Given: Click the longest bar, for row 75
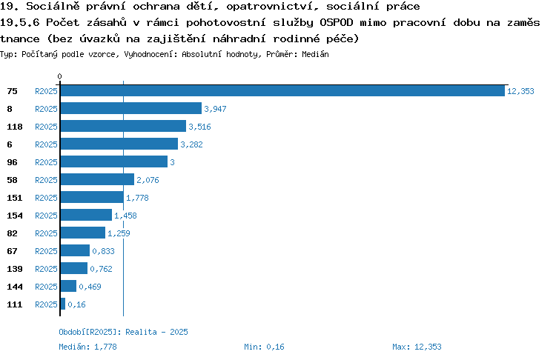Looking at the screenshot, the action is tap(282, 90).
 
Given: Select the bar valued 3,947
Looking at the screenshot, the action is tap(131, 108).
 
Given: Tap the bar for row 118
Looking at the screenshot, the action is tap(123, 126).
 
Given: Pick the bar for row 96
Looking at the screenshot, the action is tap(114, 161).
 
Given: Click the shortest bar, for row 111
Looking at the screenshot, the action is tap(63, 304).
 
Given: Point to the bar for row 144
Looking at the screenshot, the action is tap(68, 286).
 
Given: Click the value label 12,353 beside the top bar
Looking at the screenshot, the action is tap(520, 91).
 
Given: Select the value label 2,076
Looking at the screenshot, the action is tap(148, 180).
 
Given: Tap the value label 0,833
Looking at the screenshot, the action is tap(104, 251).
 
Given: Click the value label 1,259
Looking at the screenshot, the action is tap(119, 233).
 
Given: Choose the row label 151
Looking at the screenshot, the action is tap(15, 198).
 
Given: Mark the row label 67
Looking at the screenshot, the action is tap(12, 251).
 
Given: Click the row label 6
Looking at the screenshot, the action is tap(10, 144).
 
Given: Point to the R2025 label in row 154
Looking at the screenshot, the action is tap(46, 216).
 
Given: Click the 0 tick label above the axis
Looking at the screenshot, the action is tap(59, 76).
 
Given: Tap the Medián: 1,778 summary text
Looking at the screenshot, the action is tap(87, 347).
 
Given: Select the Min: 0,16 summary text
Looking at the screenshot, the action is tap(264, 347).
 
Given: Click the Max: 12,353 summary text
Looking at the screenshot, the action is tap(417, 347).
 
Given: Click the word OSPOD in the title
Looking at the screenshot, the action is tap(337, 22).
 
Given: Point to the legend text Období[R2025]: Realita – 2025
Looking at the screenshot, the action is tap(123, 332).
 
